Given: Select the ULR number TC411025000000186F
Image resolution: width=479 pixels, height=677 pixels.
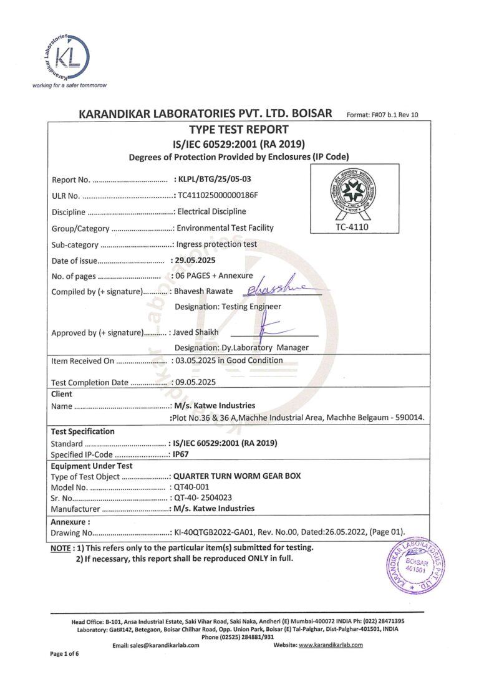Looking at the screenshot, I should pyautogui.click(x=218, y=195).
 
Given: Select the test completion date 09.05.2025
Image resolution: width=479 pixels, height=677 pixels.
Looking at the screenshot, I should pyautogui.click(x=196, y=382).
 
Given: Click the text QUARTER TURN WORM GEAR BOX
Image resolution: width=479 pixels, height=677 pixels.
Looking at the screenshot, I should pyautogui.click(x=236, y=476).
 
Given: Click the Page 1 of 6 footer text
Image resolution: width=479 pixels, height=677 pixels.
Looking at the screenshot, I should pyautogui.click(x=64, y=654).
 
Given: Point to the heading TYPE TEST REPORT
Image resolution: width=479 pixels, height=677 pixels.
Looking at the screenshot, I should pyautogui.click(x=238, y=130).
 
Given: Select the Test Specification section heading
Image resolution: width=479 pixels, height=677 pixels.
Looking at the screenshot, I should pyautogui.click(x=82, y=431).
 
